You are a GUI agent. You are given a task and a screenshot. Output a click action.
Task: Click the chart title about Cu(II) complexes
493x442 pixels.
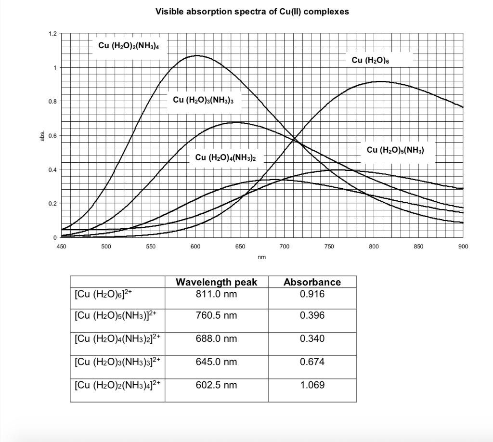(x=252, y=12)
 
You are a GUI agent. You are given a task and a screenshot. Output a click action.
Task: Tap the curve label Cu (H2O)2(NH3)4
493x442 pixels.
(x=129, y=45)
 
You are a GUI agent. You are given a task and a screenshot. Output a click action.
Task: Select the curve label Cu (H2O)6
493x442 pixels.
(x=370, y=60)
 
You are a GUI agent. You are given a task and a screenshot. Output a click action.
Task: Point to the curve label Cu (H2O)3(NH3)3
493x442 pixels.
(x=203, y=100)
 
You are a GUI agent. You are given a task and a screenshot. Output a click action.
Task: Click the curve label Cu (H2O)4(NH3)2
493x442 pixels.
(x=226, y=157)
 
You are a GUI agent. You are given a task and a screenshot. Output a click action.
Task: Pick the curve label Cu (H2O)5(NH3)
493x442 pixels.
(x=395, y=150)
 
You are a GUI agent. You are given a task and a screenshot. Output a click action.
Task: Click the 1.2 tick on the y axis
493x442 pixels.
(x=52, y=34)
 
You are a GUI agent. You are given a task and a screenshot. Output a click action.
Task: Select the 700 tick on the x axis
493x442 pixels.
(x=285, y=247)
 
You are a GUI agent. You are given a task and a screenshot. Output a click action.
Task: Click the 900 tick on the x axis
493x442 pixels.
(x=463, y=247)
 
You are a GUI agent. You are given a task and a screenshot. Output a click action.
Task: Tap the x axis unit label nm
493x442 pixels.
(x=262, y=257)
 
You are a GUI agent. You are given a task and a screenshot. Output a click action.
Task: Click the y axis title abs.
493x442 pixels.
(x=43, y=136)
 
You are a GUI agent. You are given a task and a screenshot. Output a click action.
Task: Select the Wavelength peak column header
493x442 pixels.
(x=216, y=282)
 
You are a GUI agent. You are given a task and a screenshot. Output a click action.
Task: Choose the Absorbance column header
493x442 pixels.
(x=312, y=282)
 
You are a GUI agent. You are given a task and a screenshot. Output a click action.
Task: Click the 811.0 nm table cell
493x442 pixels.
(x=216, y=294)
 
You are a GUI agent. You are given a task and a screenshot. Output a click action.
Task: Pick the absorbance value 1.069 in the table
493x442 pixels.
(x=312, y=385)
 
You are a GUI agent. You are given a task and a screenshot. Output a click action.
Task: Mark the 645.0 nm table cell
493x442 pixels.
(x=216, y=362)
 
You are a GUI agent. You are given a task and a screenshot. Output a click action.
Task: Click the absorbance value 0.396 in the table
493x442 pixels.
(x=312, y=315)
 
